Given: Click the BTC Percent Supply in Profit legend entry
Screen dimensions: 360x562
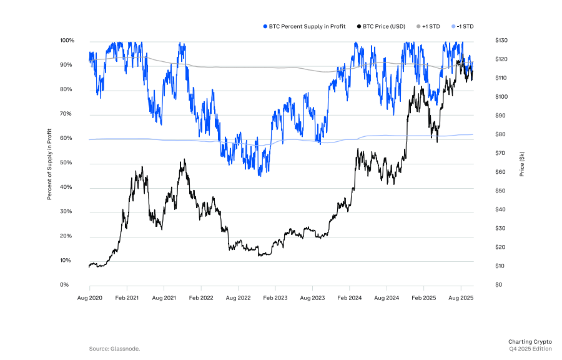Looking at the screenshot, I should click(307, 26).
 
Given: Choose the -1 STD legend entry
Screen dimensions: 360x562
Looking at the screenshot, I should click(464, 26).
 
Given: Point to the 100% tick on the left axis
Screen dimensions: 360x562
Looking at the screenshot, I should click(67, 41).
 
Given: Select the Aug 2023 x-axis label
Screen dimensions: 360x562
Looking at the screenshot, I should click(312, 298).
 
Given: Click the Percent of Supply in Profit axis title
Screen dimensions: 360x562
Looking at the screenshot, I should click(49, 162).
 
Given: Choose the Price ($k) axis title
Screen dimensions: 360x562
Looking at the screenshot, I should click(521, 163).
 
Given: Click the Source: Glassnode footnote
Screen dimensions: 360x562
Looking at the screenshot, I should click(114, 348).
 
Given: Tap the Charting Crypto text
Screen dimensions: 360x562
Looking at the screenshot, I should click(530, 341).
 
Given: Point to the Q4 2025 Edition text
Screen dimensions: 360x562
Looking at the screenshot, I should click(530, 348).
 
